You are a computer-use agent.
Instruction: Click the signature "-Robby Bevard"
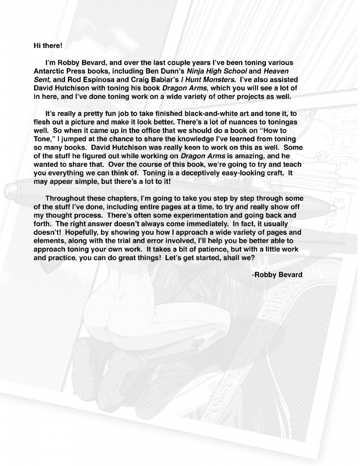pyautogui.click(x=277, y=274)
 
